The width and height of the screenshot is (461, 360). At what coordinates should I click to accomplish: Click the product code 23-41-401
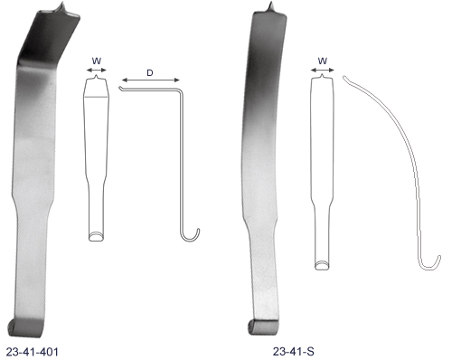tap(32, 352)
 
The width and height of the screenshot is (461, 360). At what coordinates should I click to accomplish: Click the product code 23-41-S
tap(294, 351)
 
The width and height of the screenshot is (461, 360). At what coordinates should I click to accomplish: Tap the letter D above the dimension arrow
tap(150, 72)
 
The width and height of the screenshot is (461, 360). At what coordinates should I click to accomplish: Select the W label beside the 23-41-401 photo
tap(97, 61)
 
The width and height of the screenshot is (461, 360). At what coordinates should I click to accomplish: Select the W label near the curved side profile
tap(323, 61)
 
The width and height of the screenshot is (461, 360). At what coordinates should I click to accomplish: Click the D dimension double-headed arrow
tap(151, 80)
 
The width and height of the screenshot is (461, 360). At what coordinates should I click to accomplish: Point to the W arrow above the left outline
tap(97, 71)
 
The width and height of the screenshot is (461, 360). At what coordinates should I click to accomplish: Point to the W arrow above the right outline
tap(323, 71)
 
